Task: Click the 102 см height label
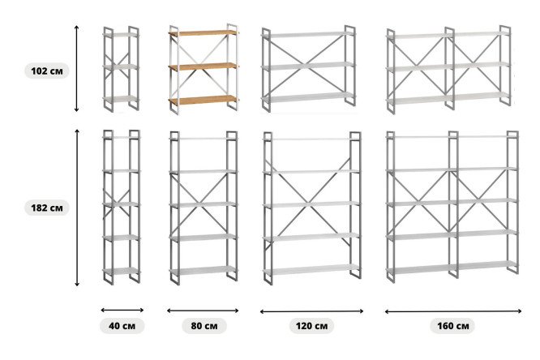click(x=47, y=71)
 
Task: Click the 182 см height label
click(x=47, y=208)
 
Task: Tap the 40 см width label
click(x=122, y=326)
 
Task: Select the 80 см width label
click(x=204, y=326)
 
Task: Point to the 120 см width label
click(x=311, y=326)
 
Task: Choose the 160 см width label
click(x=453, y=326)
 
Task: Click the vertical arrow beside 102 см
click(x=76, y=68)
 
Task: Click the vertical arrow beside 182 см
click(x=77, y=208)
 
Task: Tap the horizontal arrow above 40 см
click(x=122, y=310)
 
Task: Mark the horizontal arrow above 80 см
click(x=203, y=311)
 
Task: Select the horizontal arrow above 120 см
click(x=311, y=311)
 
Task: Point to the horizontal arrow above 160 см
click(x=453, y=311)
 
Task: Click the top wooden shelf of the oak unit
click(x=204, y=33)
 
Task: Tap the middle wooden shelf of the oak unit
click(x=204, y=66)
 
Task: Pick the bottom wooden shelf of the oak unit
click(x=204, y=101)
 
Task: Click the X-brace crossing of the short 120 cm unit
click(x=307, y=63)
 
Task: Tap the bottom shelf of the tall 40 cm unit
click(x=122, y=271)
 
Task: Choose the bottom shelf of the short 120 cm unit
click(x=308, y=97)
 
